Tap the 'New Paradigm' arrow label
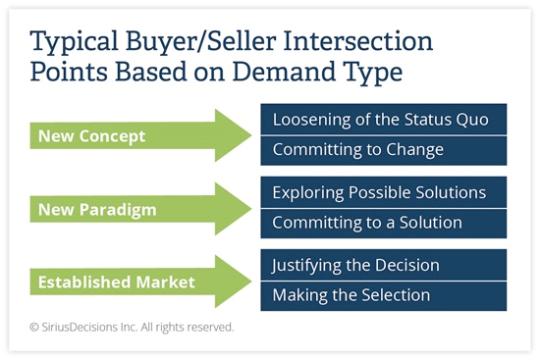[x=96, y=208]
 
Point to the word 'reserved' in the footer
[x=210, y=328]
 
